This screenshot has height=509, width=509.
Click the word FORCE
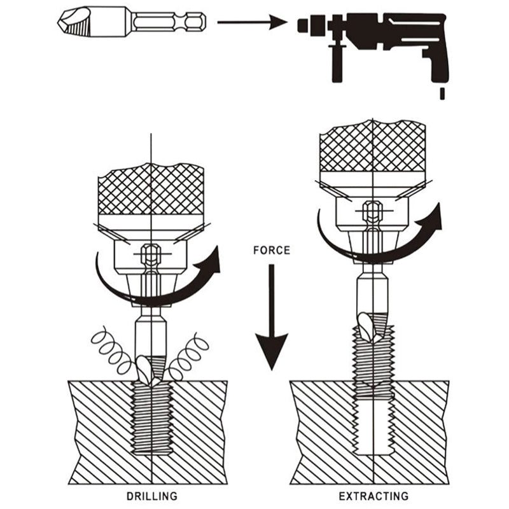click(x=271, y=250)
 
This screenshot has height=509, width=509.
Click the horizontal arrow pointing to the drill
click(x=252, y=23)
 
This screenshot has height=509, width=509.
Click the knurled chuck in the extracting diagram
click(x=372, y=146)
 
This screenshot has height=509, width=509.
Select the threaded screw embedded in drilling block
click(x=151, y=420)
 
